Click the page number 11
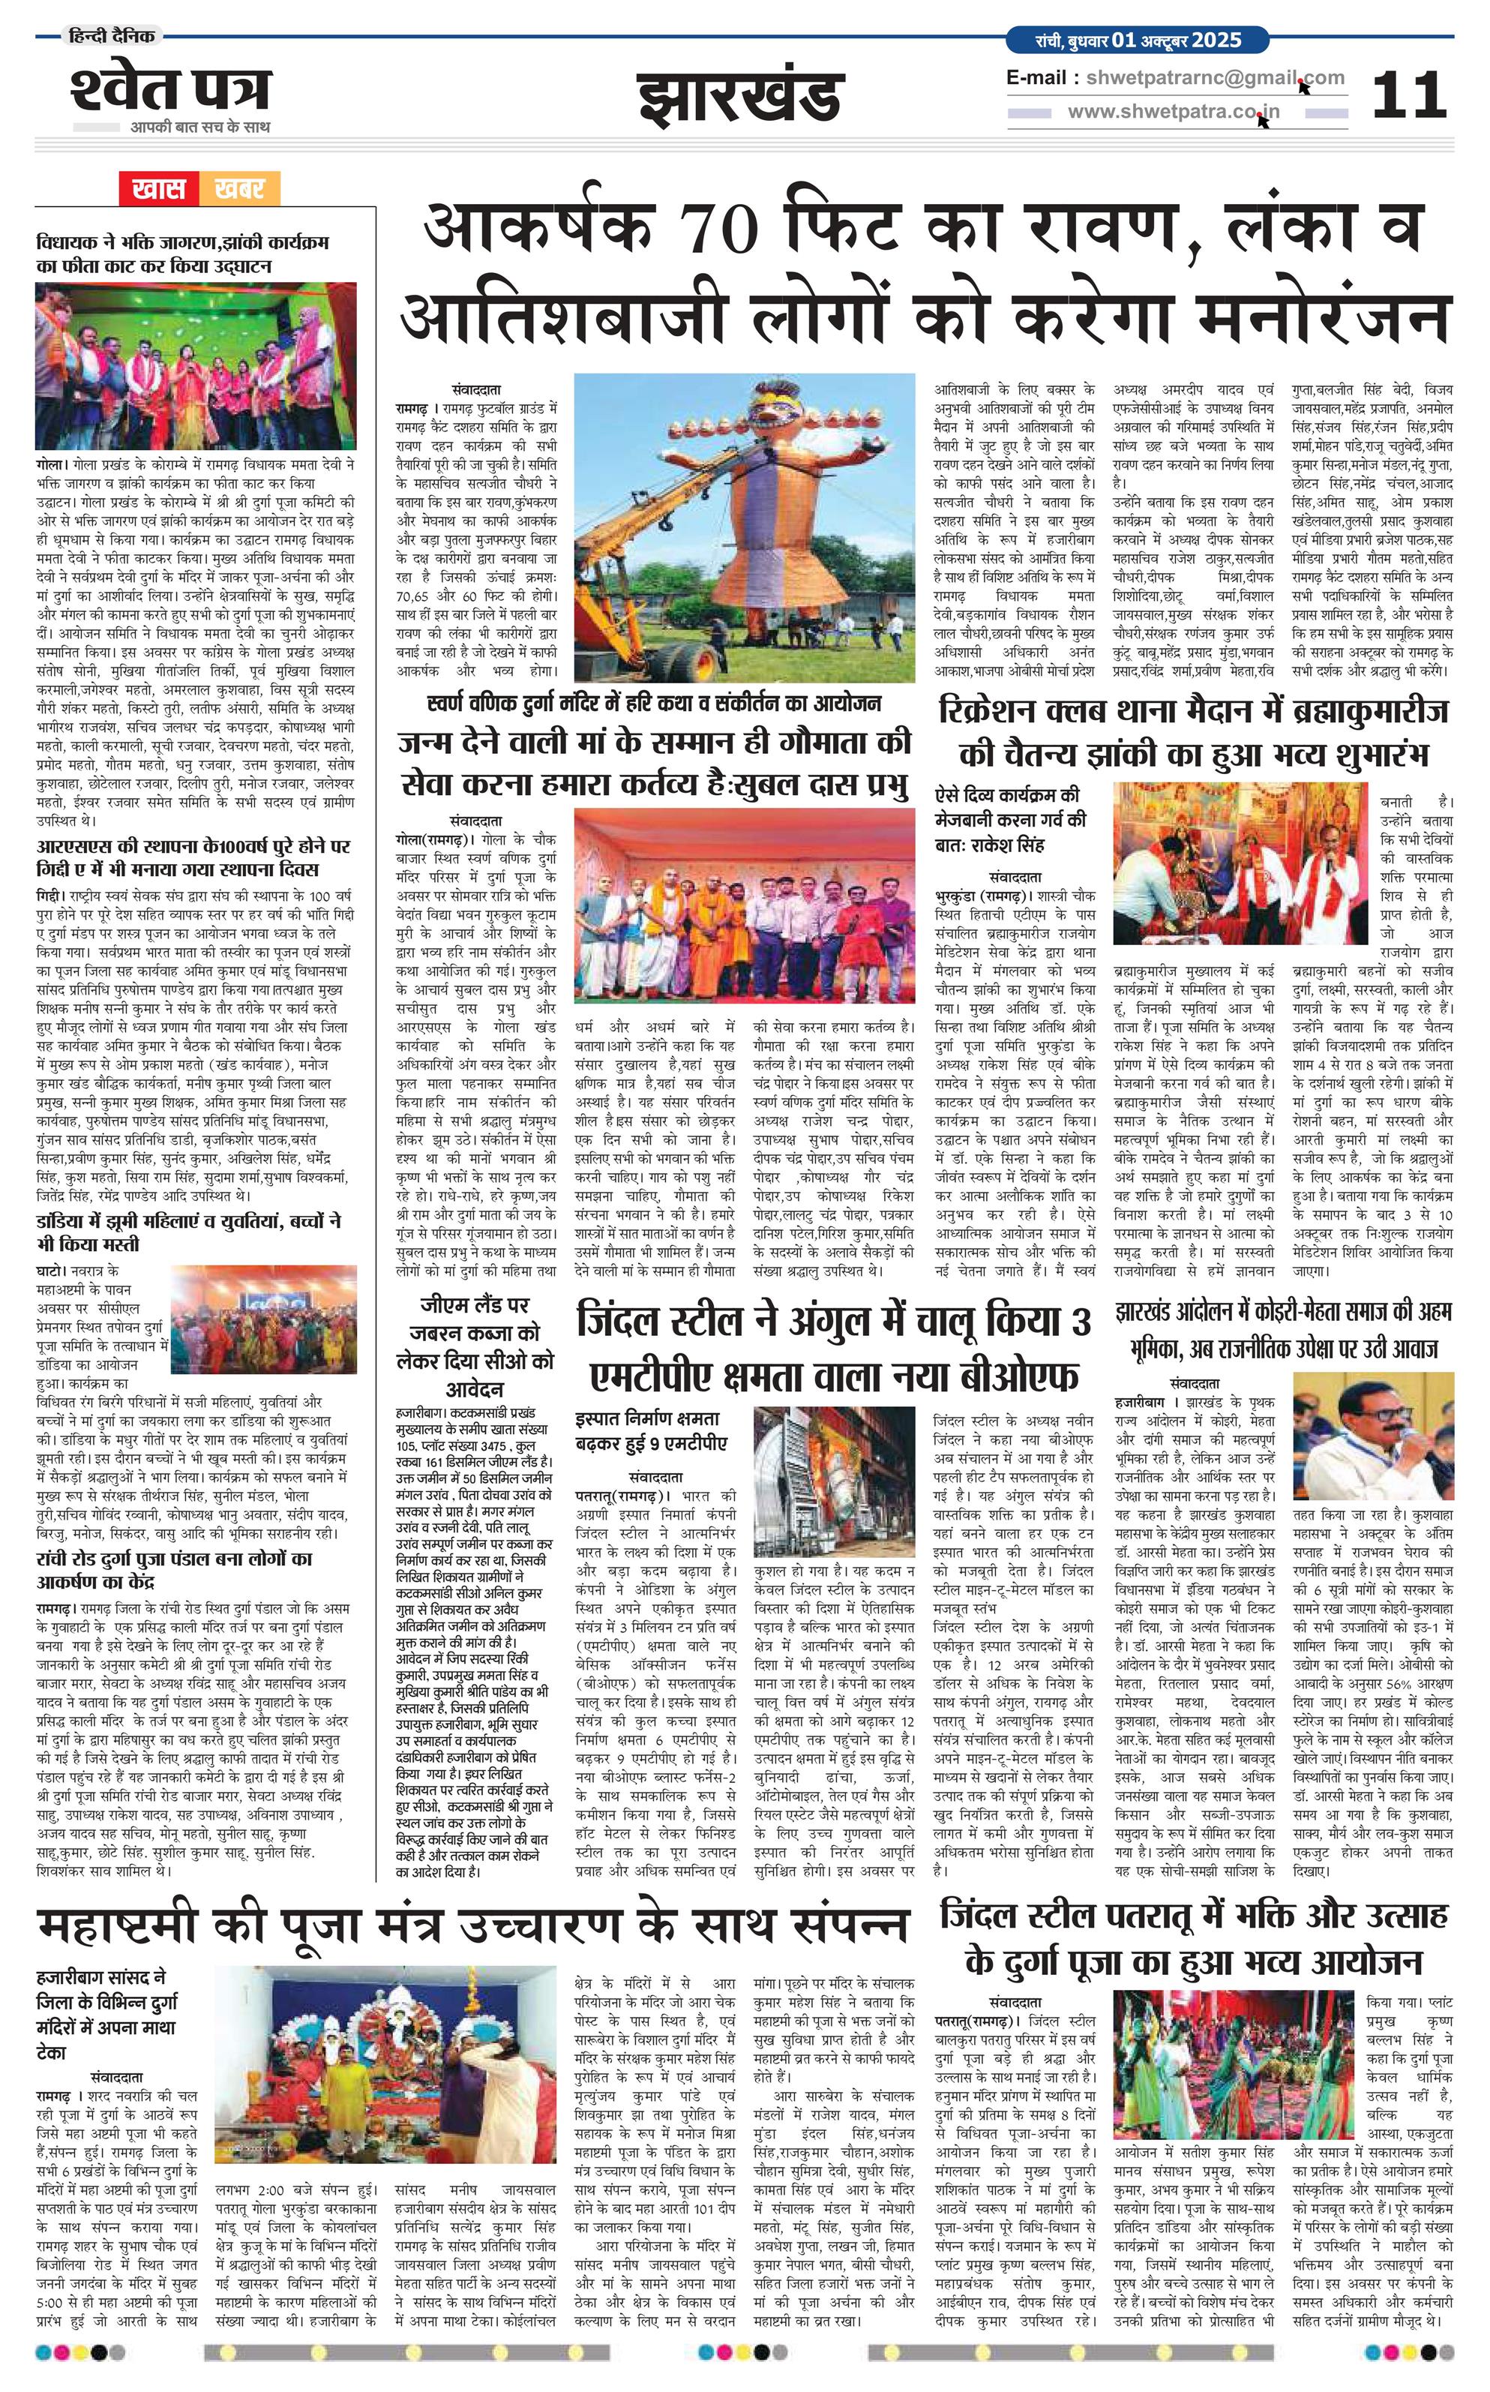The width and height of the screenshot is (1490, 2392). [x=1408, y=95]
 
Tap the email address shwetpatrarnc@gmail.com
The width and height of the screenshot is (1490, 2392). [x=1215, y=79]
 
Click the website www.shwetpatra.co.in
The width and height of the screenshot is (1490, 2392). [x=1174, y=111]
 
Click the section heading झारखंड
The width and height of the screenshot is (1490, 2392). [x=740, y=98]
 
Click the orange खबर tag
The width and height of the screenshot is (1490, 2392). [x=238, y=188]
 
